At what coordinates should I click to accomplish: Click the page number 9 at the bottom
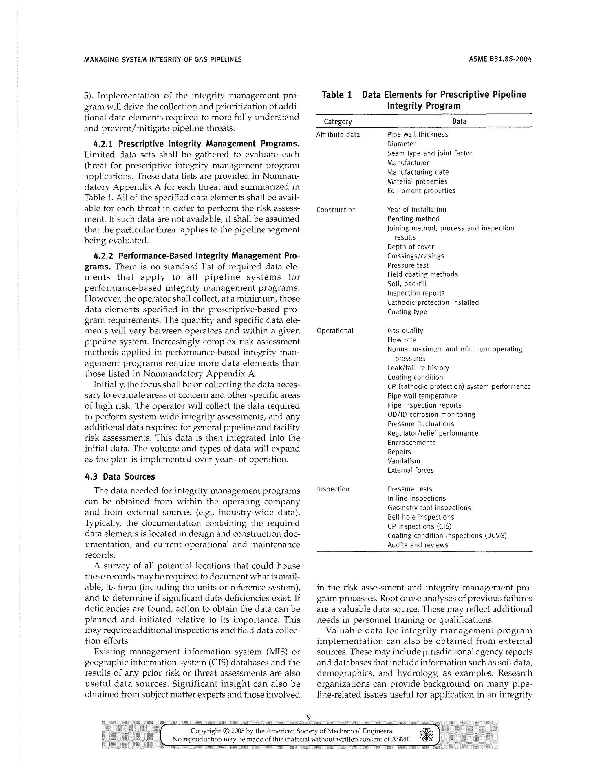coord(308,717)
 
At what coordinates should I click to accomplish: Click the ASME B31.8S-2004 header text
coord(500,59)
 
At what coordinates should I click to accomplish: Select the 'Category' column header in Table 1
coord(338,122)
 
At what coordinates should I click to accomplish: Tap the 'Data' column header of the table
coord(459,122)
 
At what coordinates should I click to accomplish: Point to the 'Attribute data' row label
coord(338,135)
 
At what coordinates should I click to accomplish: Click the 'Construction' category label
coord(336,210)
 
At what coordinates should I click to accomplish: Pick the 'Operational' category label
coord(335,331)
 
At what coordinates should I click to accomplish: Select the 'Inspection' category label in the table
coord(333,489)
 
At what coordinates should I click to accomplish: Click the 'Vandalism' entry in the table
coord(404,461)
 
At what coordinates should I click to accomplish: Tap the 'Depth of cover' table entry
coord(410,247)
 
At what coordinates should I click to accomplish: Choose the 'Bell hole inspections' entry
coord(420,517)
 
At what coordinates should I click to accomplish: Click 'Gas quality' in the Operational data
coord(405,331)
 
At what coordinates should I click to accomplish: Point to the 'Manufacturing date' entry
coord(418,172)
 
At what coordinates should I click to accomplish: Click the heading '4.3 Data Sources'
coord(120,477)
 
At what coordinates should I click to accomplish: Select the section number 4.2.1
coord(104,144)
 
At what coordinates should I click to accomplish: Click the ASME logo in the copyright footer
coord(426,734)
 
